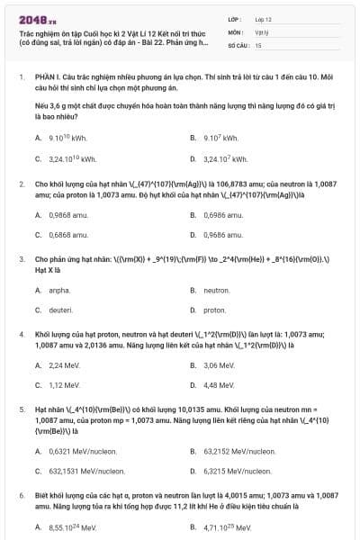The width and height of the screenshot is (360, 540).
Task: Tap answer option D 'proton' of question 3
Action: tap(215, 310)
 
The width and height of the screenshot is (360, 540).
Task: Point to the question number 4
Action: tap(22, 333)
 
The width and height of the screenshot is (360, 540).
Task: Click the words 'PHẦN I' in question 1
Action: tap(46, 77)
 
